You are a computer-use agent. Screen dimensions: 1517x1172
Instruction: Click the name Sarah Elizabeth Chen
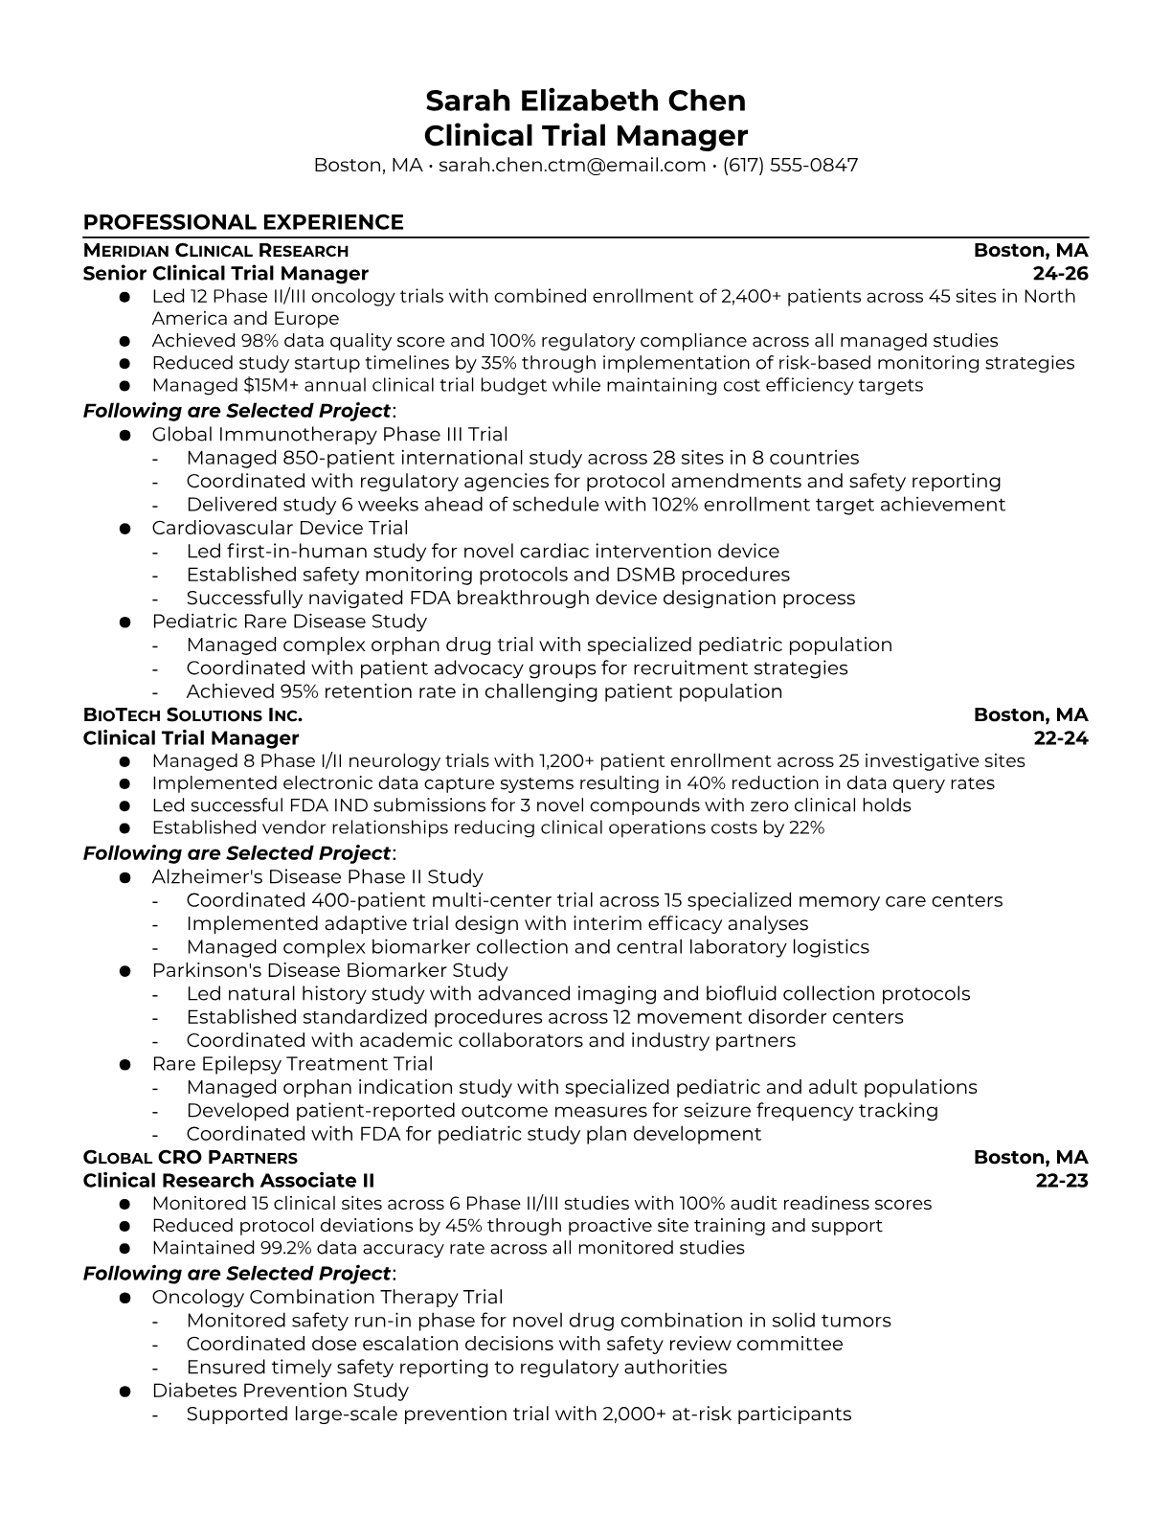click(585, 101)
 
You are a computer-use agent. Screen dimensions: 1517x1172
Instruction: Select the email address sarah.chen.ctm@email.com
click(572, 165)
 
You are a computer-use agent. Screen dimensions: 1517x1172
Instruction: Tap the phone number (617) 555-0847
click(790, 165)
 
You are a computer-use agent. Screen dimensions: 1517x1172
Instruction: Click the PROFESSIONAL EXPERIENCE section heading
click(243, 222)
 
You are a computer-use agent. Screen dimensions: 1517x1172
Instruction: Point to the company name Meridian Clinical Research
click(215, 251)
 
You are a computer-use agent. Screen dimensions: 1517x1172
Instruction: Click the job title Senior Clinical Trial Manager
click(226, 274)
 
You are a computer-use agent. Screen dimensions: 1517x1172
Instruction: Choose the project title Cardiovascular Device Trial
click(280, 528)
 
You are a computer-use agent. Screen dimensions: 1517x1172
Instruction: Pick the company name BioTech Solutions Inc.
click(192, 715)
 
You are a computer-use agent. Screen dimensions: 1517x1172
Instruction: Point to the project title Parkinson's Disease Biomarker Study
click(329, 970)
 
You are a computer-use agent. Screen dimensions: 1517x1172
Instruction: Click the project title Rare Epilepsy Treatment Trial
click(292, 1064)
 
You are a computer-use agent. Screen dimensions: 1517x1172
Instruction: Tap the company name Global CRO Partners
click(190, 1158)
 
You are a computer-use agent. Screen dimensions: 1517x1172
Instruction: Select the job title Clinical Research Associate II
click(229, 1181)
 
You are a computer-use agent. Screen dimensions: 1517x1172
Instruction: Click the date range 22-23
click(1062, 1181)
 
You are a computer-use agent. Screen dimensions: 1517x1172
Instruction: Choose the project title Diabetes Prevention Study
click(280, 1391)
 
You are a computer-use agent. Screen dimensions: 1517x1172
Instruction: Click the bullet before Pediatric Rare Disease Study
click(124, 622)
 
